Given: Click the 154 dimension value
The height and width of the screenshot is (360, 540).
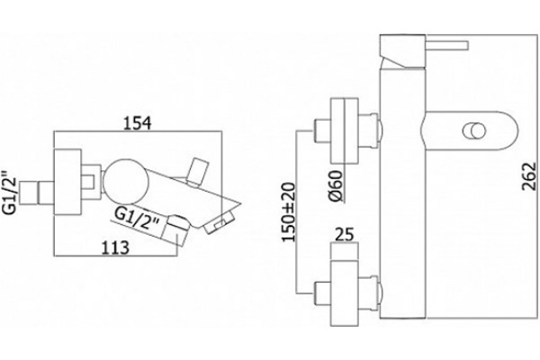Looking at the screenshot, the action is [x=137, y=123].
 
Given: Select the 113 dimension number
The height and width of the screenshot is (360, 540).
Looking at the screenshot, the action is [x=116, y=247].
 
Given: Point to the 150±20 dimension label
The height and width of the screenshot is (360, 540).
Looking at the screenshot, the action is [x=289, y=211].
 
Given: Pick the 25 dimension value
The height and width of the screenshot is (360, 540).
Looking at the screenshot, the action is [x=345, y=235].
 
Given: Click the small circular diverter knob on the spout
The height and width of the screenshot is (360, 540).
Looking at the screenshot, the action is [x=474, y=131].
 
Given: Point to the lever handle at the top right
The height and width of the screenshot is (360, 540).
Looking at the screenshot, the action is [x=447, y=46].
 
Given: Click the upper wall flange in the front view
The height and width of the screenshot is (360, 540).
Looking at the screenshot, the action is [x=345, y=130].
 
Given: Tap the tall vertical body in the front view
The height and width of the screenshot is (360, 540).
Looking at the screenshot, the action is [x=403, y=193].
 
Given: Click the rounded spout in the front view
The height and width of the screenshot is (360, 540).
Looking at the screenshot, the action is [x=470, y=130].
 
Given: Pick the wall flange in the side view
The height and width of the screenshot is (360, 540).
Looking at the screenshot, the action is [x=67, y=182].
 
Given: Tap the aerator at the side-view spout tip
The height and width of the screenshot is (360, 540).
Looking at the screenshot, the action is [x=219, y=223].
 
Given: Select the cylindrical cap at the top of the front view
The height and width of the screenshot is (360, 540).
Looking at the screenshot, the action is [x=402, y=50].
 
